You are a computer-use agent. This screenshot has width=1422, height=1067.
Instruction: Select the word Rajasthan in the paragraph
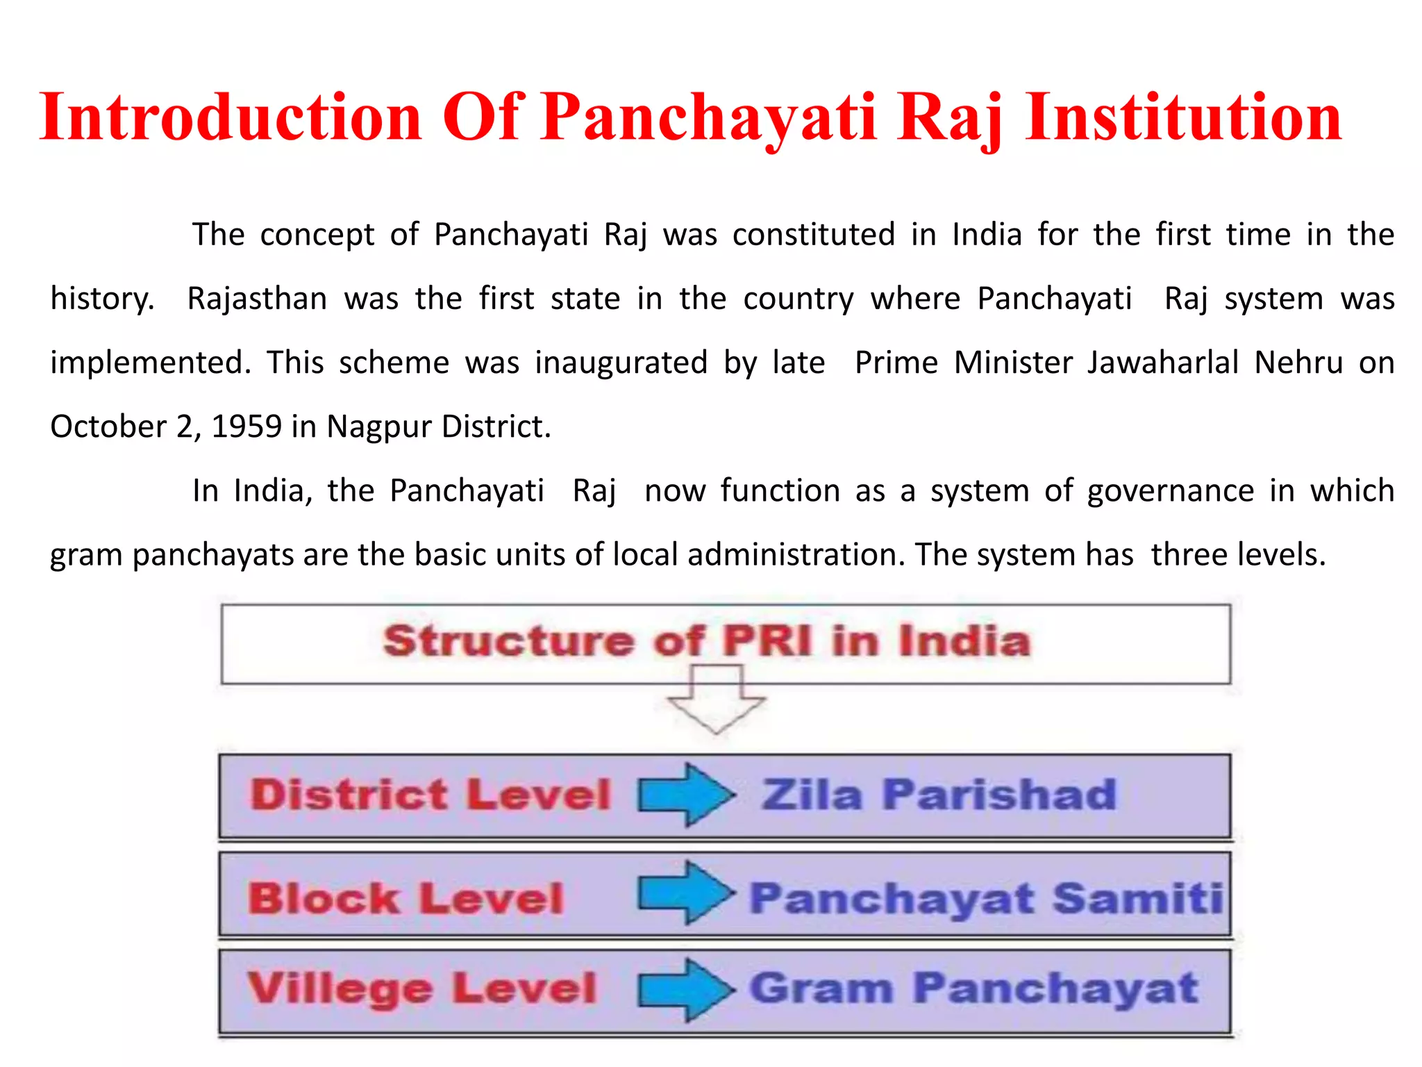(257, 299)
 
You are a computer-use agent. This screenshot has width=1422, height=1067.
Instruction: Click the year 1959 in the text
(246, 427)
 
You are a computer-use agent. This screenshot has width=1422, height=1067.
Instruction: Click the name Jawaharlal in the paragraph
(1162, 363)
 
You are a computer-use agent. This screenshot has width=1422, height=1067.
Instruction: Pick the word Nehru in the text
(1298, 363)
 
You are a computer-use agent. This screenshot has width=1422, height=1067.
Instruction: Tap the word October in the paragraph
(108, 427)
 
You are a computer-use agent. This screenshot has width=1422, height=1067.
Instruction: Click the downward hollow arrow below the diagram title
(716, 699)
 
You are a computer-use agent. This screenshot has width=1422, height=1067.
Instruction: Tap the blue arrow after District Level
(686, 795)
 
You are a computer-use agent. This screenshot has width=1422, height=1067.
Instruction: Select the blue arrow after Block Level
(686, 893)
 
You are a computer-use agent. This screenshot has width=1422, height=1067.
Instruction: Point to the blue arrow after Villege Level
(686, 990)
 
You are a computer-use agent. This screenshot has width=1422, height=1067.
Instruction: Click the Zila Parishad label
(939, 795)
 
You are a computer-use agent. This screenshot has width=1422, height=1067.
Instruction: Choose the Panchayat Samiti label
(986, 898)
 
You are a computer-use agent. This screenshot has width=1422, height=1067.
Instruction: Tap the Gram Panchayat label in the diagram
(973, 989)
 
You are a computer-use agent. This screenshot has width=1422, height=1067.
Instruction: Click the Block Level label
(405, 898)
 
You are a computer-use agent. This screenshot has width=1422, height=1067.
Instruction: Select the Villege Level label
(422, 989)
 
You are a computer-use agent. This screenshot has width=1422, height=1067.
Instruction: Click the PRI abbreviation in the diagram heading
(767, 640)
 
